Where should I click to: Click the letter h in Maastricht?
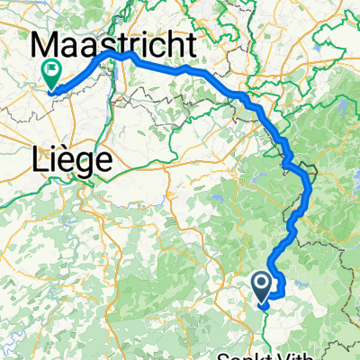[x=174, y=45]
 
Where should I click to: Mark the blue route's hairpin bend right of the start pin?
[x=283, y=289]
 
